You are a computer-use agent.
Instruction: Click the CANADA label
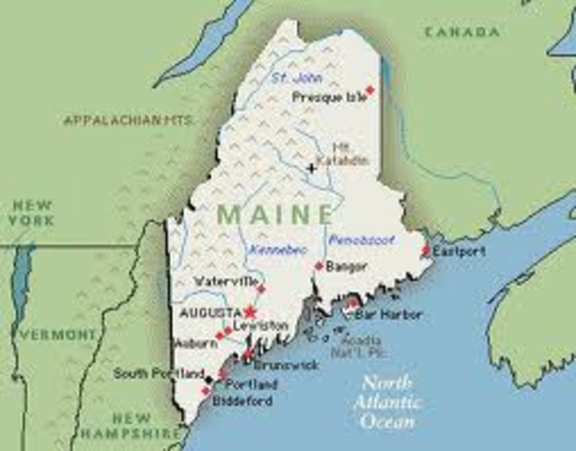point(462,32)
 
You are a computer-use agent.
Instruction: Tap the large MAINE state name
point(274,214)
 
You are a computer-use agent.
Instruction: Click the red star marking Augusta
point(250,311)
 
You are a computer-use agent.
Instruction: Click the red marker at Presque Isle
point(369,90)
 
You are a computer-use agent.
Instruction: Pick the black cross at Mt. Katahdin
point(312,168)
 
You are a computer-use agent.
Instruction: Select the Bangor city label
point(347,267)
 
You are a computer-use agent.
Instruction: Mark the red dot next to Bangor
point(319,267)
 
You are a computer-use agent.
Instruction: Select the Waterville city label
point(224,281)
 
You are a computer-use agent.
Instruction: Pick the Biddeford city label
point(243,400)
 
